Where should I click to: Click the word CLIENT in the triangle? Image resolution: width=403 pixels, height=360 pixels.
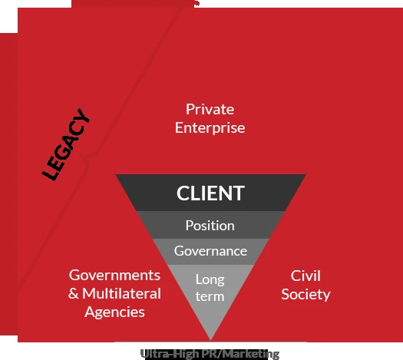210,193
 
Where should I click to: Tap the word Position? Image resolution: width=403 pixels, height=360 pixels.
210,226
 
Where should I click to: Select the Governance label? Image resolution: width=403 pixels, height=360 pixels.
210,251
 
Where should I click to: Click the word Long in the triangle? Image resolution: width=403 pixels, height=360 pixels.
210,279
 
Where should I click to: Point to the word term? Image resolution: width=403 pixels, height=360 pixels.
210,296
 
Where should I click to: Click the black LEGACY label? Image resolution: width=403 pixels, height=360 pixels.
66,144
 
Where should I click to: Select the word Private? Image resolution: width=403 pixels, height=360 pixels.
210,109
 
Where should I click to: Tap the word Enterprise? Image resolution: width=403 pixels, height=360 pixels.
210,128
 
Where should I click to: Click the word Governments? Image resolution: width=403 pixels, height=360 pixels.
114,276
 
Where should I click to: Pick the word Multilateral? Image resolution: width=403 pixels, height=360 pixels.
121,293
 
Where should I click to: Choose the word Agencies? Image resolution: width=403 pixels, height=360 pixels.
114,312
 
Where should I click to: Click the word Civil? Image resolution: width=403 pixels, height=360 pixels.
306,276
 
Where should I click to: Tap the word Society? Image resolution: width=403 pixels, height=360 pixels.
306,295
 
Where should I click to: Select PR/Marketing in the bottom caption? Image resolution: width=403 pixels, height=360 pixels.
241,354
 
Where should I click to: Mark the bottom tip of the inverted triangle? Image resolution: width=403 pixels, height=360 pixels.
211,341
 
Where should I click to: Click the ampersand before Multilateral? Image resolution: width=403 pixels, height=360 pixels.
74,293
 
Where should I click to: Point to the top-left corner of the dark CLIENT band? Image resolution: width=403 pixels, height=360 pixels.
115,174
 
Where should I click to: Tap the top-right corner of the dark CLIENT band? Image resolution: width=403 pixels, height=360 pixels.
306,174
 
